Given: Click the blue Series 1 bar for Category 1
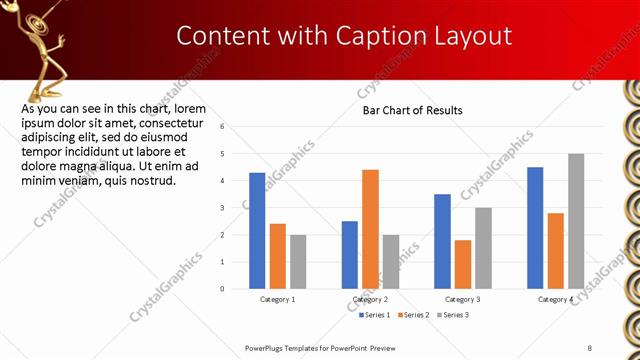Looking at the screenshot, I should [257, 231].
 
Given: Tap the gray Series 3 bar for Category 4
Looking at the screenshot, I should [576, 221].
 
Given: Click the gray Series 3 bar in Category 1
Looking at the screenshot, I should [298, 262].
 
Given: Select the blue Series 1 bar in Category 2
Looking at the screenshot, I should [350, 255].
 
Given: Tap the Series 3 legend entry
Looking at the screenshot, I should [452, 315].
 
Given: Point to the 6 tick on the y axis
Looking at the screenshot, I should [236, 127].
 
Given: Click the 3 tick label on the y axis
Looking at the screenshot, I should [236, 208].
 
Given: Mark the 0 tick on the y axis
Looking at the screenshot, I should [236, 289].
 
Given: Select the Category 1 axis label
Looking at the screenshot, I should [278, 300].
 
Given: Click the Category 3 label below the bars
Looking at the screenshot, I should [463, 300].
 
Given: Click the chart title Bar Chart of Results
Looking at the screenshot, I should [412, 110].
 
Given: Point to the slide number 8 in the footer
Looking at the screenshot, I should [590, 347].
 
